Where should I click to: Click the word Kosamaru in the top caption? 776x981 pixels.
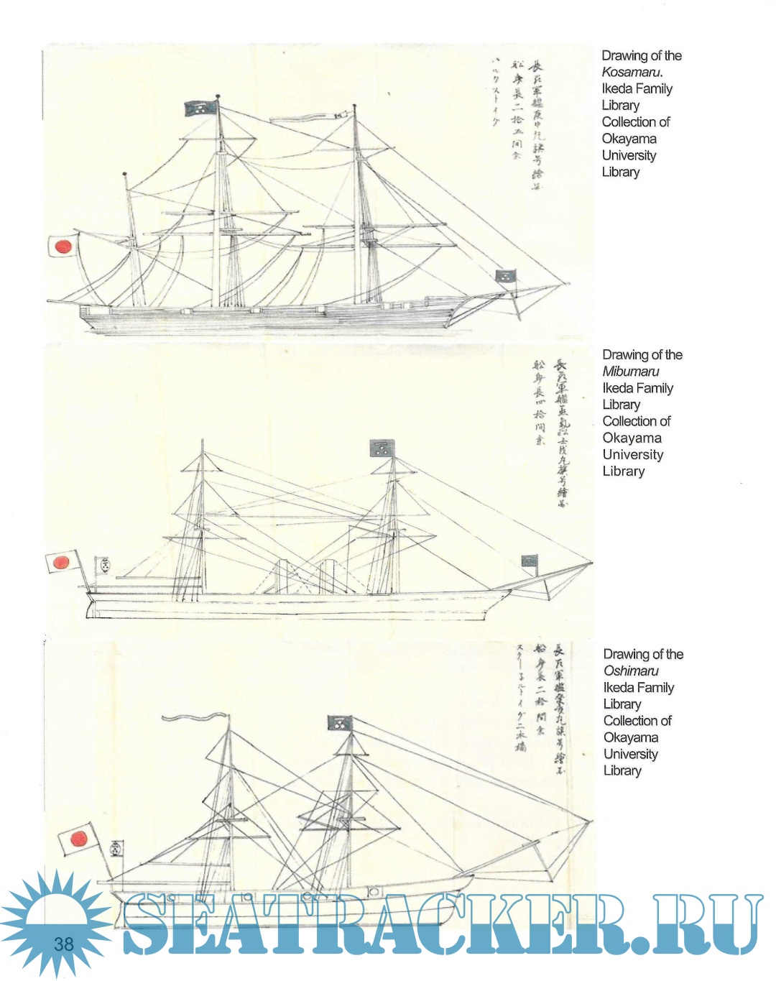pos(631,72)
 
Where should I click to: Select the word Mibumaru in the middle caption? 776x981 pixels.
pos(630,372)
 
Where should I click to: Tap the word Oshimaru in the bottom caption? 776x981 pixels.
pos(630,671)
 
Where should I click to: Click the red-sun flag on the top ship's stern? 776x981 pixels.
pos(62,247)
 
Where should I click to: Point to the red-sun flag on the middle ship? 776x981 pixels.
pos(62,561)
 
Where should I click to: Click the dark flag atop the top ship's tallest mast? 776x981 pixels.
pos(200,109)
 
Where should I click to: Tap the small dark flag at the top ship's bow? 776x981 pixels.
pos(505,276)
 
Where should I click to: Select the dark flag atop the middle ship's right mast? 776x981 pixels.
pos(381,448)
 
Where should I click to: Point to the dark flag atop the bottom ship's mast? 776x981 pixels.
pos(338,722)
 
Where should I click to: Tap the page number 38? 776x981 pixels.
pos(64,943)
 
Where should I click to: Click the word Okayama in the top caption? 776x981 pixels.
pos(629,139)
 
